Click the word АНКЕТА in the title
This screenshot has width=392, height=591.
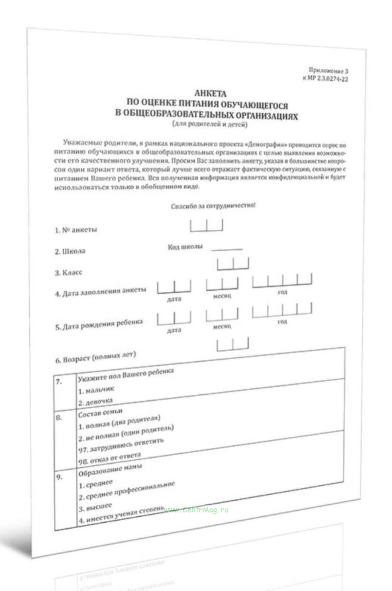pyautogui.click(x=210, y=94)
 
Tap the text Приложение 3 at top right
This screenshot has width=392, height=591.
pyautogui.click(x=328, y=70)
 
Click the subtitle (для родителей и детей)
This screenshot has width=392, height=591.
pyautogui.click(x=210, y=124)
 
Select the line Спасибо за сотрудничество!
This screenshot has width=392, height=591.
pyautogui.click(x=213, y=206)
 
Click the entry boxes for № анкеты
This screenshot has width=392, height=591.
pyautogui.click(x=206, y=225)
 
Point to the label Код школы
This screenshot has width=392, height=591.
pyautogui.click(x=185, y=247)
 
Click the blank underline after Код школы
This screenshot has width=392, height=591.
pyautogui.click(x=227, y=249)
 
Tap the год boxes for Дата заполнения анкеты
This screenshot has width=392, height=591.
pyautogui.click(x=282, y=280)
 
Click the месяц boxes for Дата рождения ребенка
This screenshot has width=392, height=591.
pyautogui.click(x=222, y=314)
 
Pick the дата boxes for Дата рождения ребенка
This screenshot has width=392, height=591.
pyautogui.click(x=174, y=319)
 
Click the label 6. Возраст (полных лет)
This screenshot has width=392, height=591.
pyautogui.click(x=95, y=357)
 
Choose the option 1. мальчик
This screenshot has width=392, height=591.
pyautogui.click(x=96, y=390)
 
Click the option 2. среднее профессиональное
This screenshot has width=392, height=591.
pyautogui.click(x=127, y=491)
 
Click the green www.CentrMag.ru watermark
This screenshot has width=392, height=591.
pyautogui.click(x=196, y=510)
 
